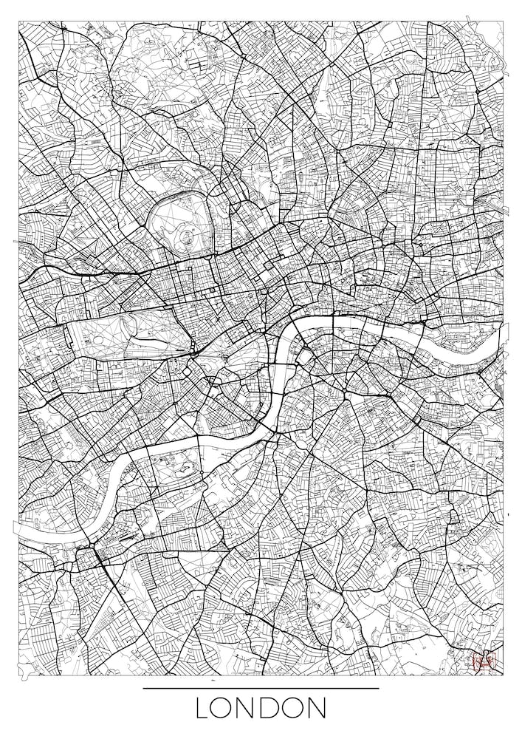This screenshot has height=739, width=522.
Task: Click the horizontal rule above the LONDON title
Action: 261,689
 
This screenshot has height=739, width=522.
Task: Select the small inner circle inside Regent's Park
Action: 185,236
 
